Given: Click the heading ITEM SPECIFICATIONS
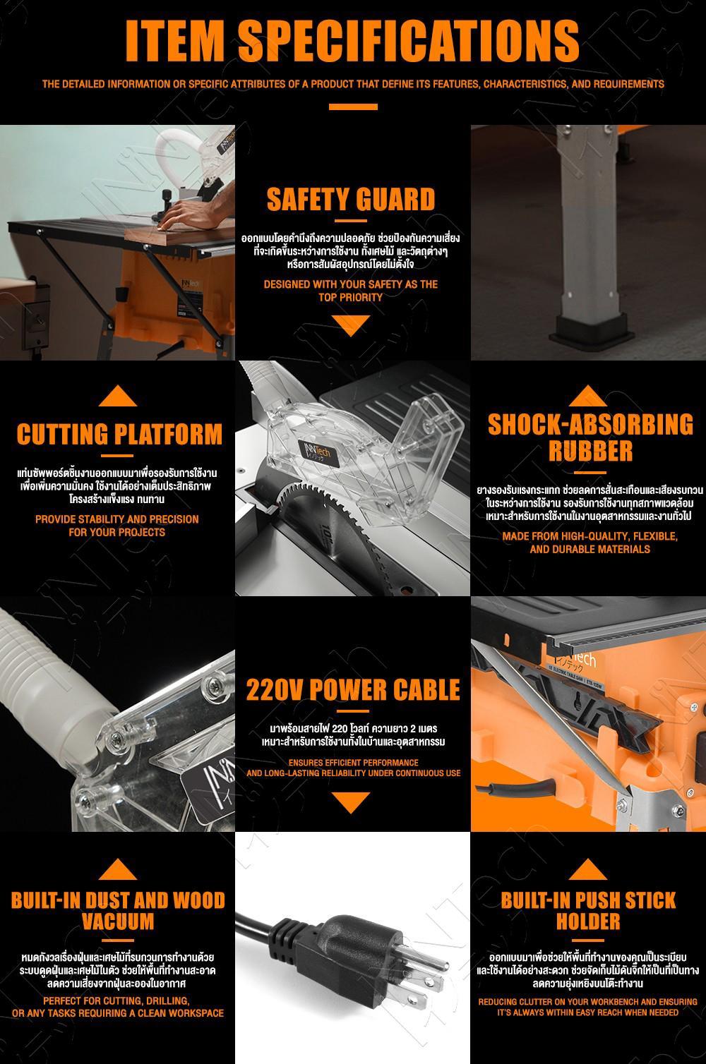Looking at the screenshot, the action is click(x=352, y=41).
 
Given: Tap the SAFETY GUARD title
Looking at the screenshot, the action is click(x=351, y=199).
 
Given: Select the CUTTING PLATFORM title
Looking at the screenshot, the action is click(x=119, y=434).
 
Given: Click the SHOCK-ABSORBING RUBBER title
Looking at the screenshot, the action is click(x=590, y=437).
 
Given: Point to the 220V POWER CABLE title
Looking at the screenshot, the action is click(x=353, y=690).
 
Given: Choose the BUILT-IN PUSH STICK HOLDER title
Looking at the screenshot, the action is click(x=588, y=911).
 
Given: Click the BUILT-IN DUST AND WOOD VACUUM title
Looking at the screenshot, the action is click(x=118, y=911).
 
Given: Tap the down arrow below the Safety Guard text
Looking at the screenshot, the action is click(x=351, y=325).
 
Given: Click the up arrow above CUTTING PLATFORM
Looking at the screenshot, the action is click(x=118, y=396).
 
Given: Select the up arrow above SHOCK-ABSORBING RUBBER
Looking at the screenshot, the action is click(x=587, y=396).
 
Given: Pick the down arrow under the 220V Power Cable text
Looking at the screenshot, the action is click(x=351, y=803).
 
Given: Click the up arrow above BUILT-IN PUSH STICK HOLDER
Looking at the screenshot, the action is click(x=587, y=869).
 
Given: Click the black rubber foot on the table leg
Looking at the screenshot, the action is click(x=591, y=328).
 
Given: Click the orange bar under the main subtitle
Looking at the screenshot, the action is click(x=353, y=107).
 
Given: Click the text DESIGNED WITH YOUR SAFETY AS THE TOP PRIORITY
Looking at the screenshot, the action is click(x=351, y=291).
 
